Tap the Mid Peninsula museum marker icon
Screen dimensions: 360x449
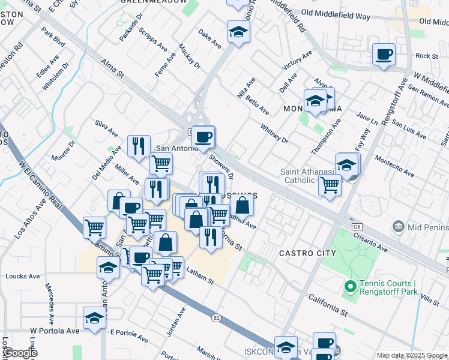[397, 227]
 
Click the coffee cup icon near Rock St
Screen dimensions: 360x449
[384, 55]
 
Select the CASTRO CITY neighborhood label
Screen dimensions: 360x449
[307, 254]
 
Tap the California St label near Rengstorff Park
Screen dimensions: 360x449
[328, 305]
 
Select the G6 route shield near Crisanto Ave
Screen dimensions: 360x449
[357, 227]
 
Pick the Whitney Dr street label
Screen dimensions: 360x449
[274, 133]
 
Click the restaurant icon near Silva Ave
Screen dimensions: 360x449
[139, 146]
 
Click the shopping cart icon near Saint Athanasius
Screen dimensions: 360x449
[330, 185]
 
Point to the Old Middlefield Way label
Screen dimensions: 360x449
[336, 14]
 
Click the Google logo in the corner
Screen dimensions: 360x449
[19, 352]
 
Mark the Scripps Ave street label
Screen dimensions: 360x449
[152, 37]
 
